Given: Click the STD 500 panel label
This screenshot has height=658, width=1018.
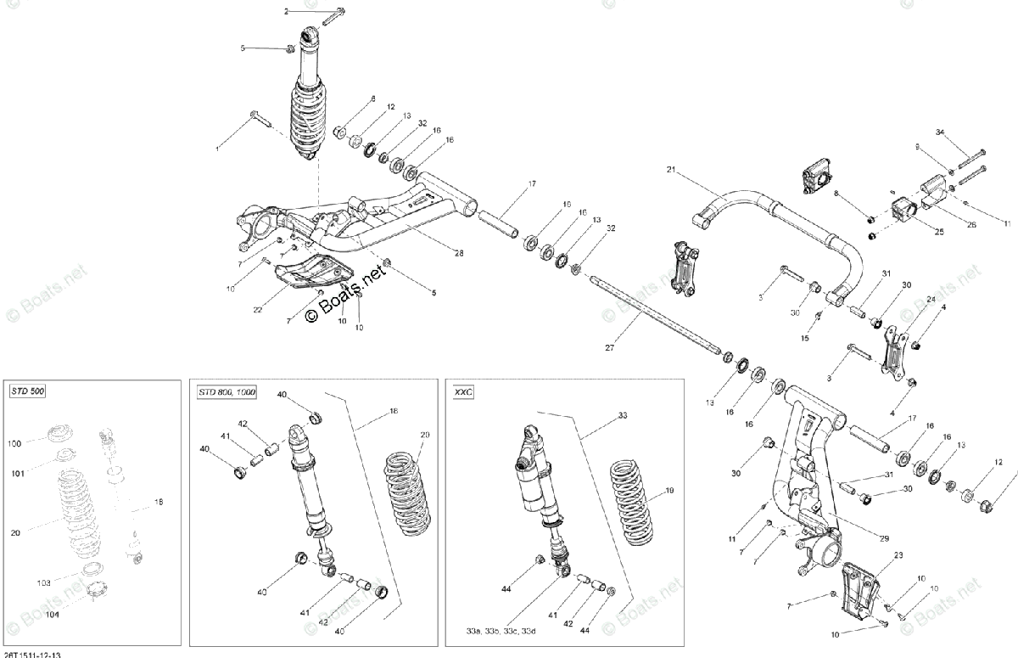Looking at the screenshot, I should [28, 391].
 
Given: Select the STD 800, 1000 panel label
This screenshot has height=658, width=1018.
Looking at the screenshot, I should [226, 392].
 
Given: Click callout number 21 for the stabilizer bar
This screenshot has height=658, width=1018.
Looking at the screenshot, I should [670, 171].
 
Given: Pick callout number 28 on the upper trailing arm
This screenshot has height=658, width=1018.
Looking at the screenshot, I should [459, 254].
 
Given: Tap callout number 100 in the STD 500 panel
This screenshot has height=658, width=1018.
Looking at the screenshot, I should [15, 443].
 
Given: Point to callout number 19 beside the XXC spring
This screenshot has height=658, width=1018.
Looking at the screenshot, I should [668, 491].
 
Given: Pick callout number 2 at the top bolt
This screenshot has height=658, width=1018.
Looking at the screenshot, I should [286, 11].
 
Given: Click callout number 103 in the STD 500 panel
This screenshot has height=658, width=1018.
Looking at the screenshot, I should [44, 583].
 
